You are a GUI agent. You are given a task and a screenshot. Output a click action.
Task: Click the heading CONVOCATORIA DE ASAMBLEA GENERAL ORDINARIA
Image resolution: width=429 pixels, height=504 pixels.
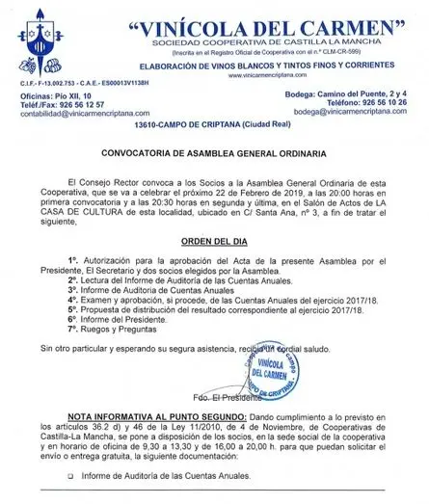(x=213, y=151)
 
